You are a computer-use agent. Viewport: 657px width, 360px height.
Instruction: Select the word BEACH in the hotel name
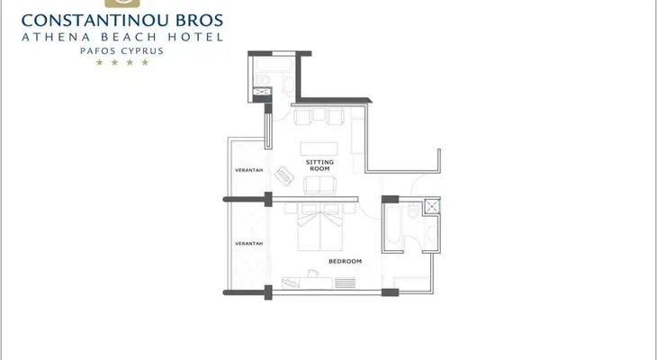click(129, 37)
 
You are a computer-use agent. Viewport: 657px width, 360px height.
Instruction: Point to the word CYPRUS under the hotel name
click(142, 51)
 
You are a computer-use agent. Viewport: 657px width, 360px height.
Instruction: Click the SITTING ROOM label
click(319, 165)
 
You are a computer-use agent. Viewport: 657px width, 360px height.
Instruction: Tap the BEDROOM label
click(345, 261)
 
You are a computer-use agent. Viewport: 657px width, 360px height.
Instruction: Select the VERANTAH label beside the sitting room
click(249, 170)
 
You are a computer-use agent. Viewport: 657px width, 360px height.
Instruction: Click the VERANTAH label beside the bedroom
click(249, 244)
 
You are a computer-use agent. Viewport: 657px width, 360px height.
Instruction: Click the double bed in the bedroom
click(320, 227)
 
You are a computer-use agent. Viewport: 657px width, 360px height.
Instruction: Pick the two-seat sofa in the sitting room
click(319, 185)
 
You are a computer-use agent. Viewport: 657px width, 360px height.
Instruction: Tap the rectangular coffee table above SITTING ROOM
click(319, 148)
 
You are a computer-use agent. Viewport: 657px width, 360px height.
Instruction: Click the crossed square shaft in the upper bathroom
click(262, 92)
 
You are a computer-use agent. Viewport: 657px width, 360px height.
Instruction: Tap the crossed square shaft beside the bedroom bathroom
click(432, 206)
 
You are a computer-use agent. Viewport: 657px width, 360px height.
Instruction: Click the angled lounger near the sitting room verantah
click(285, 175)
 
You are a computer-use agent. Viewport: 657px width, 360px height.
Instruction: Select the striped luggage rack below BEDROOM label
click(346, 283)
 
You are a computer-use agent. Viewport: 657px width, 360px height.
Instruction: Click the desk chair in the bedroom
click(312, 274)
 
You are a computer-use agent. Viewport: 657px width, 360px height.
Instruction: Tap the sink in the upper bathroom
click(288, 85)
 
